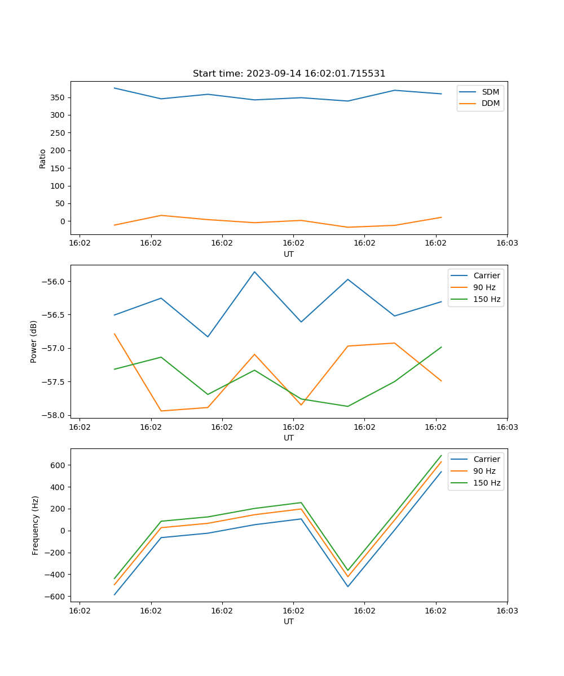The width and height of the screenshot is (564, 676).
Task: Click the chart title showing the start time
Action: (289, 74)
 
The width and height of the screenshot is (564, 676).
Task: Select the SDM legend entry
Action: (490, 92)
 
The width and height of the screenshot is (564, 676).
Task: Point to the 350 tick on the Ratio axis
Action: (58, 97)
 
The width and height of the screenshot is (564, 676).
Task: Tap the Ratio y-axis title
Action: (42, 158)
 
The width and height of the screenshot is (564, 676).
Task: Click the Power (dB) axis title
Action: (34, 341)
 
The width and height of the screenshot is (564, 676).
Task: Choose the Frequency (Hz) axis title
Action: (35, 525)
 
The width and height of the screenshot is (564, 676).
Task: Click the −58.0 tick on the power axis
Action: (54, 415)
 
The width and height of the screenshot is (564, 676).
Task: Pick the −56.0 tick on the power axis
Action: (54, 282)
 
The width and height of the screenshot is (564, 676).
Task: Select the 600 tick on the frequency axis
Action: (58, 465)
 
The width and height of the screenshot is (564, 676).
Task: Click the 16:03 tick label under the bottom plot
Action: (506, 610)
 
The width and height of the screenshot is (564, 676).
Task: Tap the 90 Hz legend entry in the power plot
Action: (484, 287)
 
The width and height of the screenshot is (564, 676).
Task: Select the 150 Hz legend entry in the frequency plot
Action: (487, 483)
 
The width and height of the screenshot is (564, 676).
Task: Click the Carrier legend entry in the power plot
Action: (486, 275)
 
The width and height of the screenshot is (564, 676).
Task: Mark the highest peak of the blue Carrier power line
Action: (254, 272)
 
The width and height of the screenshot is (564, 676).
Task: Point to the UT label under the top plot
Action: (289, 254)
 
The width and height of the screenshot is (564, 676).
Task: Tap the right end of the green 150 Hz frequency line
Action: (441, 455)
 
